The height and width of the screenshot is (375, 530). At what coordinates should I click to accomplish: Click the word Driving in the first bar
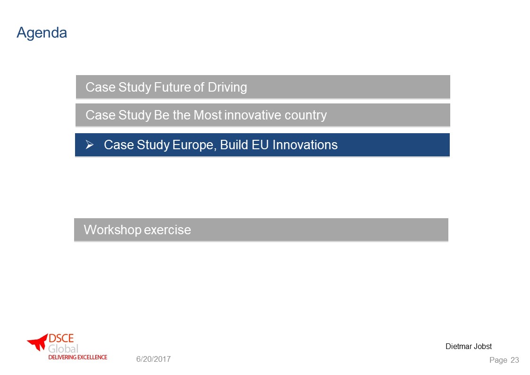227,87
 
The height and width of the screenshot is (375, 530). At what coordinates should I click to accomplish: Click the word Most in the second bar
208,115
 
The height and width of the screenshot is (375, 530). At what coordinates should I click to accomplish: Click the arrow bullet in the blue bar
90,145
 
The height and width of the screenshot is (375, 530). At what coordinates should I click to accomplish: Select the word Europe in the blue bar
194,145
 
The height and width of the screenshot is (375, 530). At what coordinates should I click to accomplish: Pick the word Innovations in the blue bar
305,145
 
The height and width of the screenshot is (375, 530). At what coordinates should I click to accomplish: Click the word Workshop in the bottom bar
112,230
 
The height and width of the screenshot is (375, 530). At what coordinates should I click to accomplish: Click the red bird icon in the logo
37,342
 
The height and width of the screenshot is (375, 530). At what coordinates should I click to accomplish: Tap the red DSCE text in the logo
61,338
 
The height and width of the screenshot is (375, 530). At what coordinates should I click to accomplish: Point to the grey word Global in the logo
63,349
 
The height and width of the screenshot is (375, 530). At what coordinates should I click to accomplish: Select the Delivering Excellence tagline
78,357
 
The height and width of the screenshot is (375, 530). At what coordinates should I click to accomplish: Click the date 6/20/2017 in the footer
153,359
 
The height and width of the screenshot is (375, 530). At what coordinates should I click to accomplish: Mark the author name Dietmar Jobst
469,346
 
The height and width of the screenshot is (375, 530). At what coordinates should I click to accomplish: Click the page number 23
514,360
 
